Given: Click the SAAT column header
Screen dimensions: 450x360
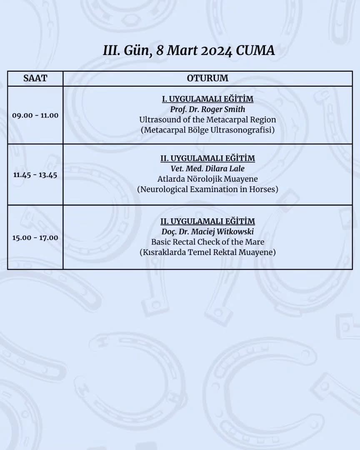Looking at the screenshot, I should [35, 78].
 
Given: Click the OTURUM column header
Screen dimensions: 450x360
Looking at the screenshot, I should [207, 78].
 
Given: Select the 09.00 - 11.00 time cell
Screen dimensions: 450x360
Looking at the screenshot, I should [35, 115].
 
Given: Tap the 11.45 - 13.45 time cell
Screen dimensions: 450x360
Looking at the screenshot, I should [35, 175].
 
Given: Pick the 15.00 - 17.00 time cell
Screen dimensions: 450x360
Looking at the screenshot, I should [35, 237].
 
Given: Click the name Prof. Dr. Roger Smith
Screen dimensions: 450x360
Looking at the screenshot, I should [207, 110].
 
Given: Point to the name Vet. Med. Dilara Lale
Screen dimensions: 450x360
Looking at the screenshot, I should [207, 169].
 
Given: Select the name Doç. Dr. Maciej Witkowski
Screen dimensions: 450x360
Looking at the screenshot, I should [207, 232].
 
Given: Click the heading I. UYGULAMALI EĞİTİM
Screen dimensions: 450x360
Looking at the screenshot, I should [207, 99].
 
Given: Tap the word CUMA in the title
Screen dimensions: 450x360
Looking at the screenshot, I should [255, 51].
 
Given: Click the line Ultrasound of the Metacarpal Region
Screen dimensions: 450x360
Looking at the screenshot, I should [207, 120].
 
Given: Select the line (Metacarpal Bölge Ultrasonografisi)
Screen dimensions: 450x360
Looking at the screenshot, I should [207, 130].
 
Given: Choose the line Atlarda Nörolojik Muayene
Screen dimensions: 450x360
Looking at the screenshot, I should [207, 179].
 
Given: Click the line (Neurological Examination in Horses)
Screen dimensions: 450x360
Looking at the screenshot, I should [207, 190].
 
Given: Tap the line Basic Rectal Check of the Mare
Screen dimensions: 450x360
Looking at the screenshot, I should [207, 242].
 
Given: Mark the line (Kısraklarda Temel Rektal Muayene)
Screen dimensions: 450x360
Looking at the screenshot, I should [207, 252].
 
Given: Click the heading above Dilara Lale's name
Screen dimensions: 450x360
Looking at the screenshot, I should [207, 158].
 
